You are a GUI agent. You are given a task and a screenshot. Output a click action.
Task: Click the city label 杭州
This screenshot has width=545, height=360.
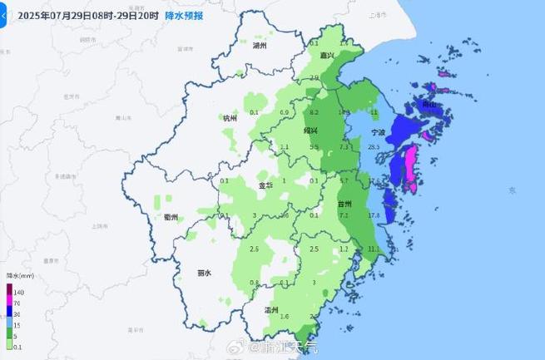(230, 119)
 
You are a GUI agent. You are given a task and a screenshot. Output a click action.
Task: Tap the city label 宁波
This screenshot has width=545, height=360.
(378, 132)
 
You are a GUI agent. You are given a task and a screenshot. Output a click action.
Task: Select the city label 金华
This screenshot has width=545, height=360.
(264, 185)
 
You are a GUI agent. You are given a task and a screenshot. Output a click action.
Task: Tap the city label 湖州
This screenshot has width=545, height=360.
(260, 46)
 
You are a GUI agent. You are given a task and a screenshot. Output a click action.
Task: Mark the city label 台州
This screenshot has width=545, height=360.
(344, 204)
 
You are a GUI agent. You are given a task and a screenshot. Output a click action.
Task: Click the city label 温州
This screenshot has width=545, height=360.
(271, 309)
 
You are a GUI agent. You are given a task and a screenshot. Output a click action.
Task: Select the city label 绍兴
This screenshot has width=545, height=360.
(310, 131)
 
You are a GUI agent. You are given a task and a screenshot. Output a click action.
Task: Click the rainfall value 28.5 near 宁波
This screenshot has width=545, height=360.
(374, 147)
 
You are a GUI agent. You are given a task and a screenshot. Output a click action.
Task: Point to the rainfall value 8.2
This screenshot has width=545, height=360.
(314, 112)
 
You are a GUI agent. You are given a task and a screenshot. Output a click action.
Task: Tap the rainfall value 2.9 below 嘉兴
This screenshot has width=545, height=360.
(314, 78)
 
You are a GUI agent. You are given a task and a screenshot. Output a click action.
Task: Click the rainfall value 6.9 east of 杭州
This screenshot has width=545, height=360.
(284, 112)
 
